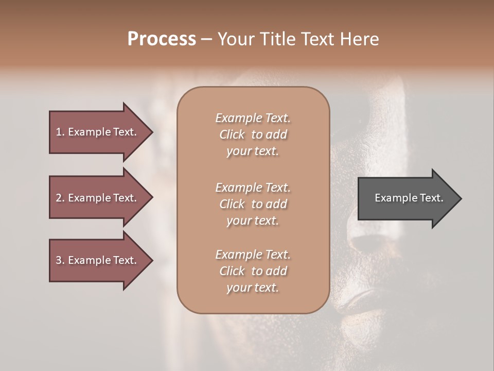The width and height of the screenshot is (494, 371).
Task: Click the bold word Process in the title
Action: click(162, 39)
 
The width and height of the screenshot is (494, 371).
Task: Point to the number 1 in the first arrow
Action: click(59, 132)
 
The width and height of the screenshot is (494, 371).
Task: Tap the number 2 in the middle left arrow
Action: click(59, 198)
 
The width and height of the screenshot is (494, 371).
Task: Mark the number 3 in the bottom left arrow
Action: click(59, 260)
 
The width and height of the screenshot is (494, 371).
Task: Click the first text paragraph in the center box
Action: click(253, 134)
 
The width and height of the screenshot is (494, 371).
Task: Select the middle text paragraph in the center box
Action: click(253, 204)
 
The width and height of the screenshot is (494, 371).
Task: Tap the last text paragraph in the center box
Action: click(253, 271)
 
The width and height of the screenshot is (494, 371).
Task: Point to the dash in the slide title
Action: click(206, 40)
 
